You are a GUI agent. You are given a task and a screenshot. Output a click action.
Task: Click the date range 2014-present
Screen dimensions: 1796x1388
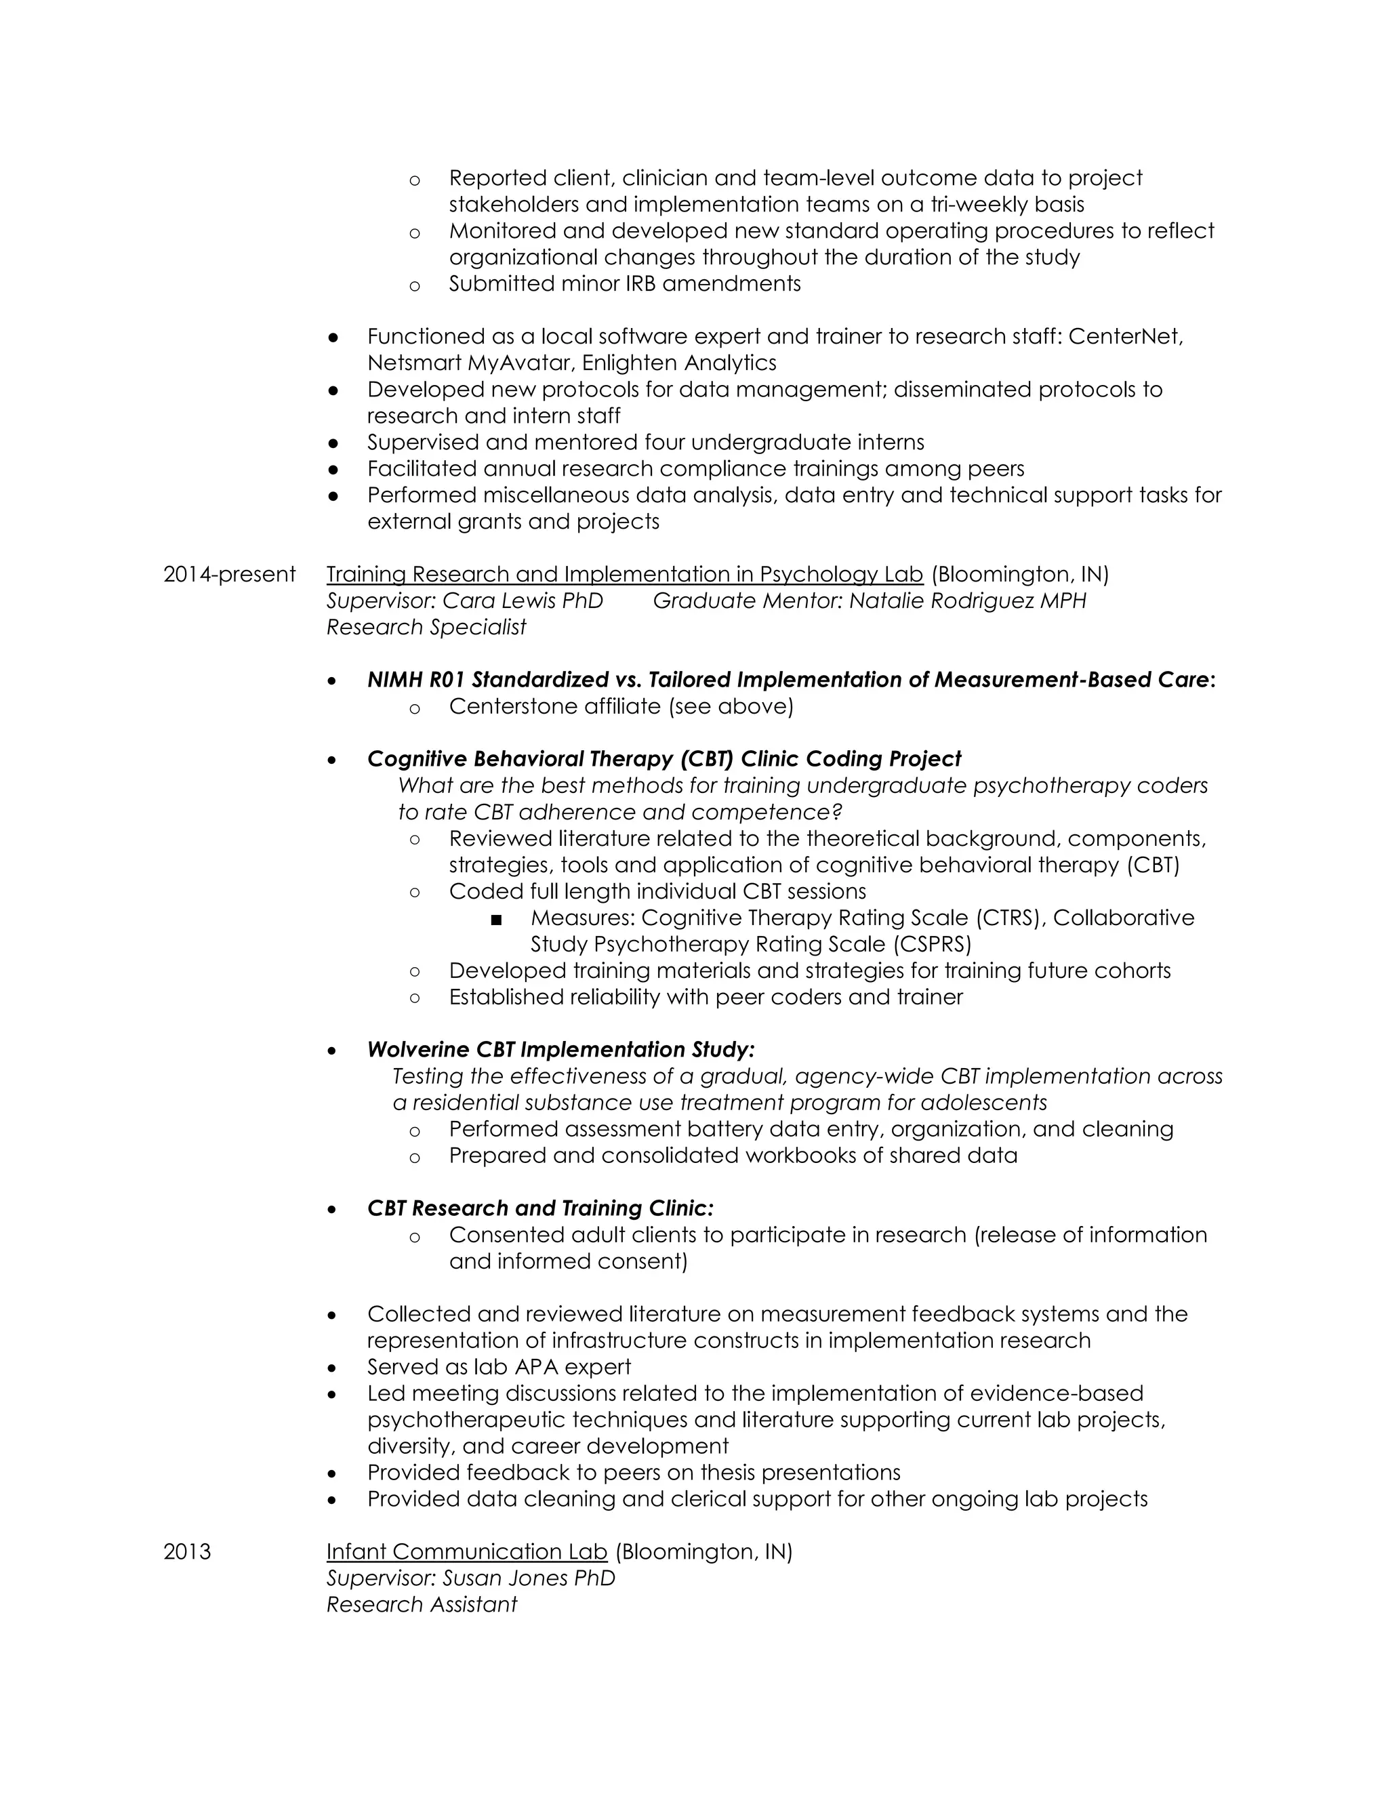[x=228, y=574]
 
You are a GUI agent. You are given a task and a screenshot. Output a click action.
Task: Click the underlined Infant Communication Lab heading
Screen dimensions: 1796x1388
[x=466, y=1552]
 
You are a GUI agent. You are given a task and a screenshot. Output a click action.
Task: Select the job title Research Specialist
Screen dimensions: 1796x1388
[x=426, y=627]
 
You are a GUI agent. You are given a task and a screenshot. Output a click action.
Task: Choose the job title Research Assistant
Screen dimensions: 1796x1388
[x=421, y=1604]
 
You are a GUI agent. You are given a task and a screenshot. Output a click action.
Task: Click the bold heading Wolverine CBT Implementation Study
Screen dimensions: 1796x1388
[x=560, y=1049]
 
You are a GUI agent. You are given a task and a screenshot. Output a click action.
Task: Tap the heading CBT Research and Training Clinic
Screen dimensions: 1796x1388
[x=539, y=1208]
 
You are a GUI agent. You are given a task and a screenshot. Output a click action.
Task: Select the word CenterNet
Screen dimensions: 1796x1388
[x=1125, y=336]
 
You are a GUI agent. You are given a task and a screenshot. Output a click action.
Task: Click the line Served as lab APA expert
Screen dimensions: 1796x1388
[x=498, y=1367]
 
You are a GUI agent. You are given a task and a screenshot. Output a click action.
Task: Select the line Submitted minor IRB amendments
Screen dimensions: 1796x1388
[x=624, y=284]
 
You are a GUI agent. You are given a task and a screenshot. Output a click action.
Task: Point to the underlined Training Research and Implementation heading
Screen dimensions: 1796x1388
[x=624, y=574]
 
